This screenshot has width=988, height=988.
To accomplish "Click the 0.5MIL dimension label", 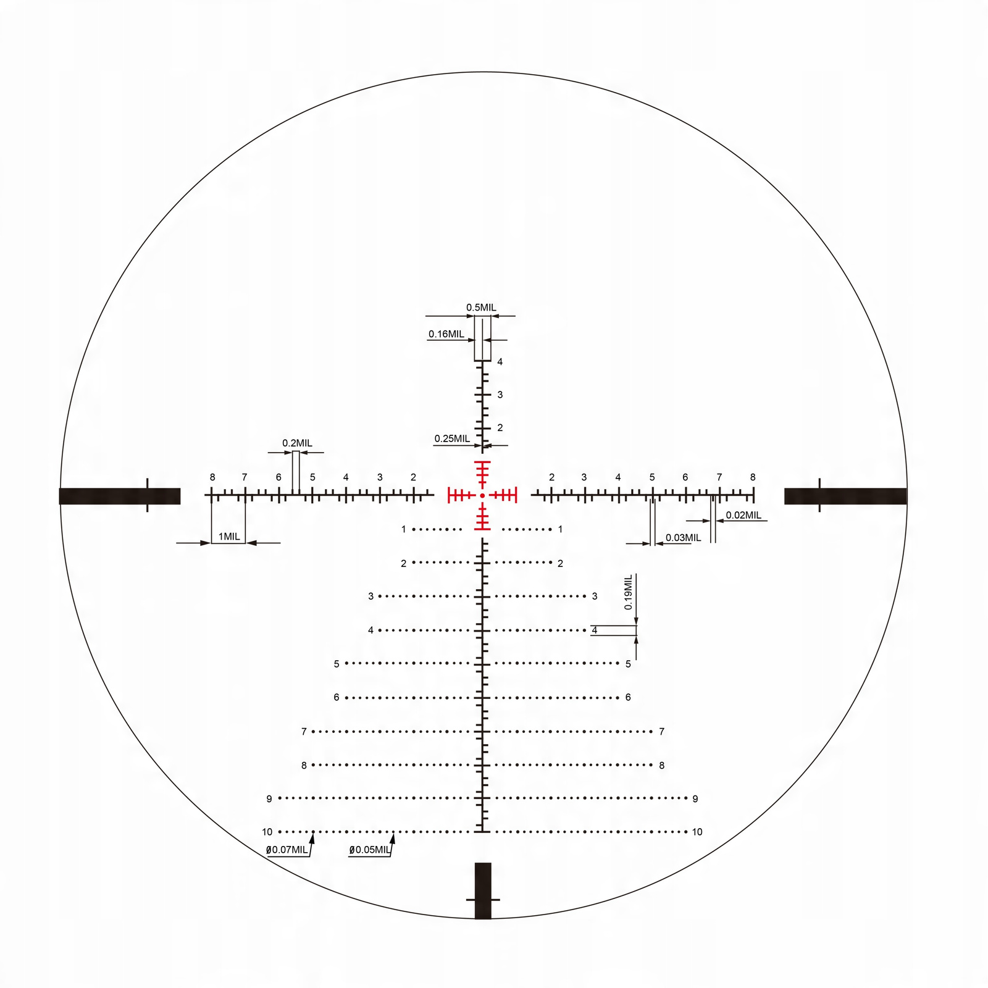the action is click(481, 308).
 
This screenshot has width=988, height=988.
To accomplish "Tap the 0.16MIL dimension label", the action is click(446, 334).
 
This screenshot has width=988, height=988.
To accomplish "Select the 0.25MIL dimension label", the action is click(452, 438).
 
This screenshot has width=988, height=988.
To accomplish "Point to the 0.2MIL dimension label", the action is click(297, 443).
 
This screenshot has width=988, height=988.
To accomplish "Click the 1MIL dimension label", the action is click(229, 537).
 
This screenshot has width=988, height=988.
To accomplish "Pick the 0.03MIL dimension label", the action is click(683, 538).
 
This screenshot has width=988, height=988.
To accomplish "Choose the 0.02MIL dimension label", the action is click(743, 515).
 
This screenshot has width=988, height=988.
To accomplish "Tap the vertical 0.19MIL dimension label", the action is click(629, 592).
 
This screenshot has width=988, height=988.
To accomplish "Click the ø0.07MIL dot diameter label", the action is click(287, 850).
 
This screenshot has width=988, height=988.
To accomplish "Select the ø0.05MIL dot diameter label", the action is click(369, 850).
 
